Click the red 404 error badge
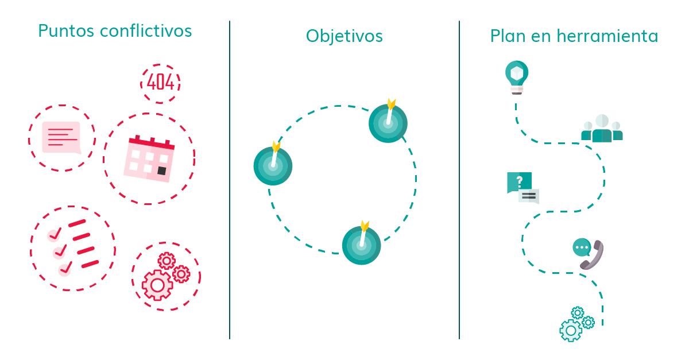pos(160,83)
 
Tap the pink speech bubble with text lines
pos(61,137)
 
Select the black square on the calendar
pos(162,171)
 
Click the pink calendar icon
pos(149,159)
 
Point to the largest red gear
pos(157,285)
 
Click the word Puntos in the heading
pos(66,31)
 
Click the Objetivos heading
pos(344,36)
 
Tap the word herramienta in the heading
pos(607,36)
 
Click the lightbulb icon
pos(517,78)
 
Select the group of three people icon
pos(602,128)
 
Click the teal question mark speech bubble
pos(519,182)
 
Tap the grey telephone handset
pos(592,255)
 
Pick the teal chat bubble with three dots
pos(582,247)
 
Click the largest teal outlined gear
pos(571,331)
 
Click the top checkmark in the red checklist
pos(55,234)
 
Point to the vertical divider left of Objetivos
pos(230,180)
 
